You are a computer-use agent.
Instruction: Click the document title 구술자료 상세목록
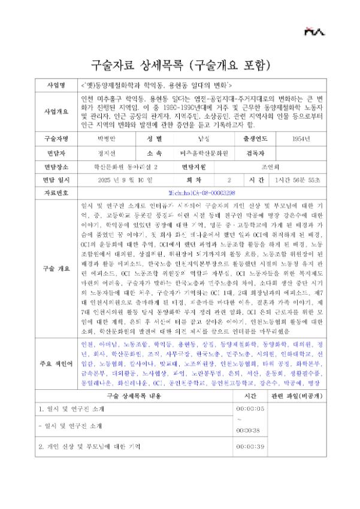coord(180,64)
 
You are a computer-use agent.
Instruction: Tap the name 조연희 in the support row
coord(279,166)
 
